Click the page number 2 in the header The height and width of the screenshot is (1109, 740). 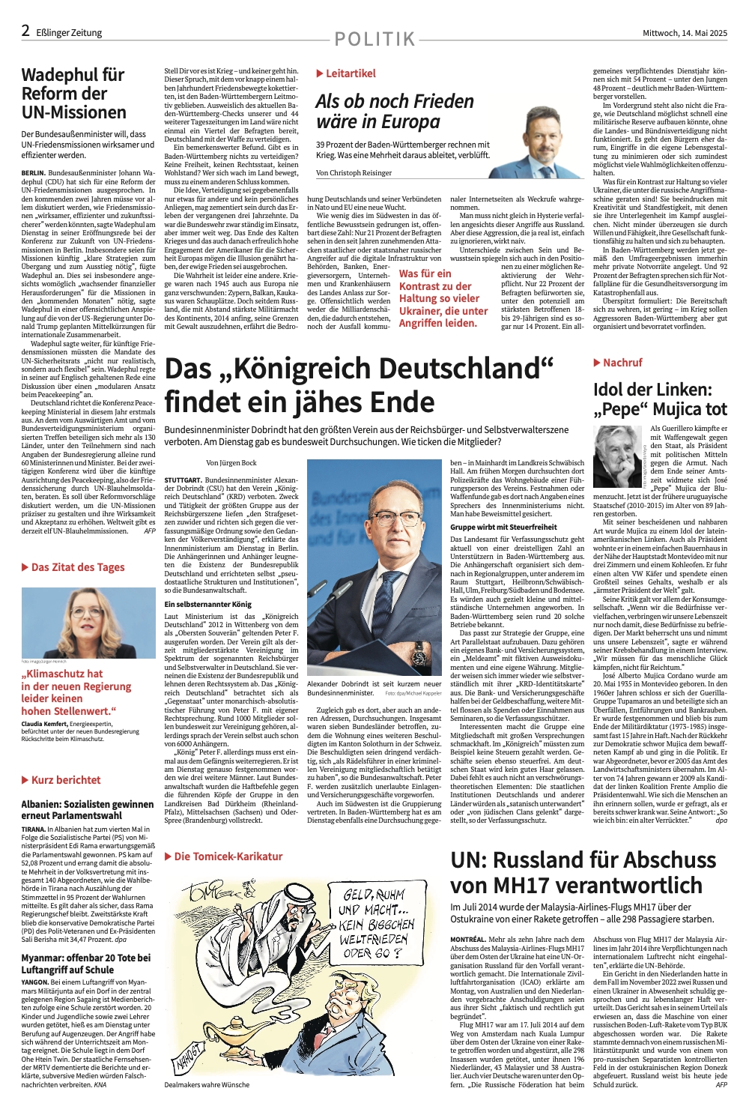[25, 31]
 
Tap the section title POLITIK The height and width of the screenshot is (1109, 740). [374, 39]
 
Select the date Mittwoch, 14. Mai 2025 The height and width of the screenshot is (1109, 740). [685, 33]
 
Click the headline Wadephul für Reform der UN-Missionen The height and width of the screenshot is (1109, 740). [74, 94]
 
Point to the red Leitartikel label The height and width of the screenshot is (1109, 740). [346, 73]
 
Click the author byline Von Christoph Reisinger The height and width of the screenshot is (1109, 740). [354, 172]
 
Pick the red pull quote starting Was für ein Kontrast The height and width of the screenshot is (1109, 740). [443, 298]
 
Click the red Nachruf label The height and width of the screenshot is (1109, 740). [618, 363]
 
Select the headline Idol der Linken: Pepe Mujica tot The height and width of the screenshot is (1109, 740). [660, 399]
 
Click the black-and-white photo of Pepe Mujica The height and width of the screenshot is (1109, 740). [619, 456]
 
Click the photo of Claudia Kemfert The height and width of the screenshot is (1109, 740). [88, 620]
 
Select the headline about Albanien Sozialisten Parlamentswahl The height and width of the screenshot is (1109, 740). [87, 809]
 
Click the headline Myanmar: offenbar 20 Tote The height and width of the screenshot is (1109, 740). [85, 963]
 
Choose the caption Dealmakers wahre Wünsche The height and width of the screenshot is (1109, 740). [207, 1084]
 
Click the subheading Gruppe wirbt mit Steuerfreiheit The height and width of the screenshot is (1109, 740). [503, 527]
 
